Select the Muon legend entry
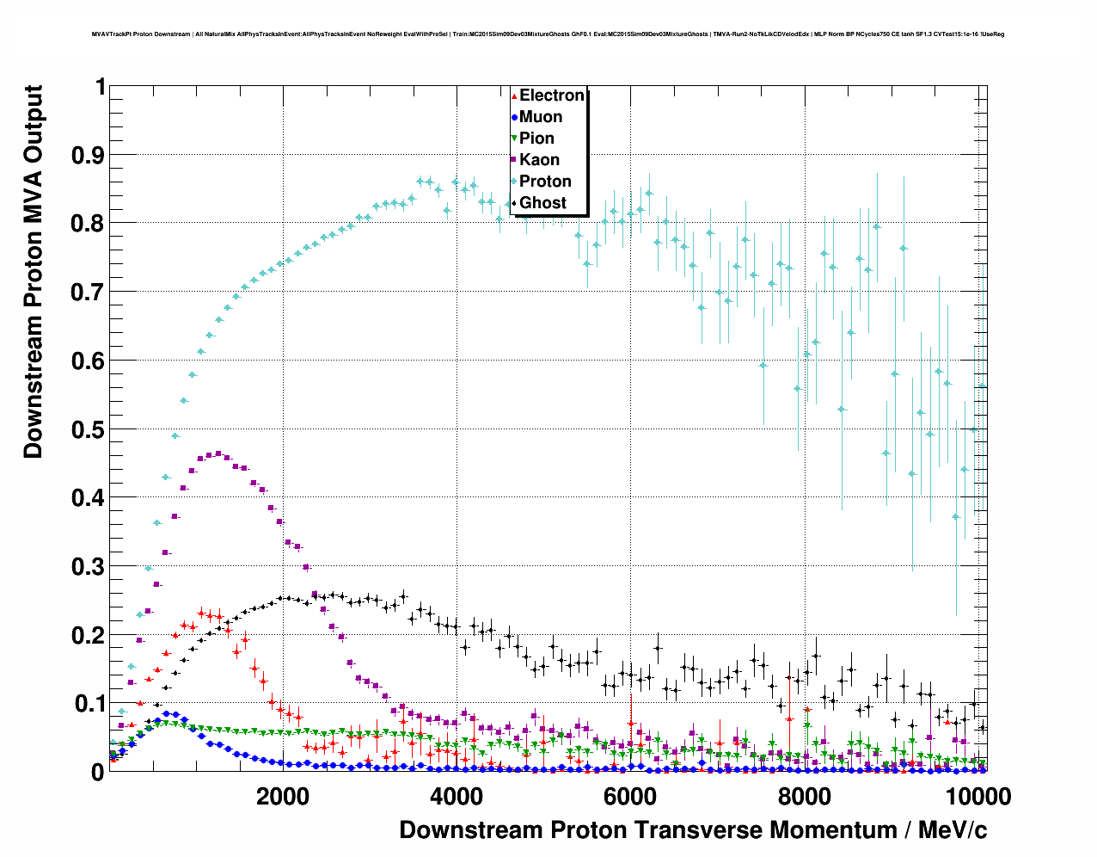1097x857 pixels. point(540,117)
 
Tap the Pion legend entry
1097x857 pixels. point(536,139)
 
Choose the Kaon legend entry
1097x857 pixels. point(539,160)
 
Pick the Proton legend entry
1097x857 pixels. point(545,182)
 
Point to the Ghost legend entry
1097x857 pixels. point(542,203)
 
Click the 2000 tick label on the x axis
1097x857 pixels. point(283,796)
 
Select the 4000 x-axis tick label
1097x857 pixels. point(457,796)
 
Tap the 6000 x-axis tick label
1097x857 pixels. point(630,796)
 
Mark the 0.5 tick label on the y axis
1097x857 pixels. point(89,429)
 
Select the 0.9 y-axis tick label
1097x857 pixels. point(89,155)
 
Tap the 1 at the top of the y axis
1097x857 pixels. point(101,87)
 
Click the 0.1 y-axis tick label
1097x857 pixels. point(89,704)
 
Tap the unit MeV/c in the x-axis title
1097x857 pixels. point(953,830)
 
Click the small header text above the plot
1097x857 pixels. point(548,34)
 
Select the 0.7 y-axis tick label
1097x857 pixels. point(89,293)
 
